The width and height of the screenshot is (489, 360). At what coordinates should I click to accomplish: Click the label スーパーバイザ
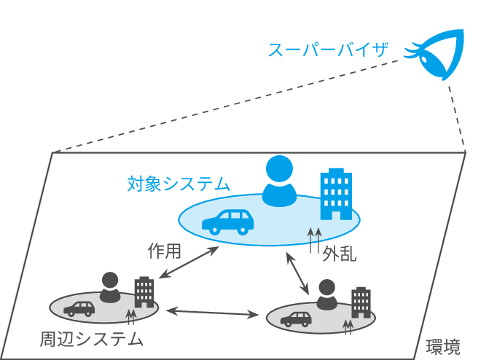click(x=327, y=50)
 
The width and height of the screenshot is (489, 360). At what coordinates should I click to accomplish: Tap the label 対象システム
click(x=179, y=183)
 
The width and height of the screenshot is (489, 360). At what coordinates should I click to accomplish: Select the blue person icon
click(x=280, y=181)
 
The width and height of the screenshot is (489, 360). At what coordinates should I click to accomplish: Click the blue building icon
click(x=336, y=194)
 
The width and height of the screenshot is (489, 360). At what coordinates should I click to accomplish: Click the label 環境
click(x=443, y=347)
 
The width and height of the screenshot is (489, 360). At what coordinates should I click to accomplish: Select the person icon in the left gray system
click(x=109, y=287)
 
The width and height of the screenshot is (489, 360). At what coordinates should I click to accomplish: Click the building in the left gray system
click(x=145, y=292)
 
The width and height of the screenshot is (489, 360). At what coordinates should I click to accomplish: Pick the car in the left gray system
click(x=79, y=308)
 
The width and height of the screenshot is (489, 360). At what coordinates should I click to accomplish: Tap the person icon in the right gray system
click(x=326, y=294)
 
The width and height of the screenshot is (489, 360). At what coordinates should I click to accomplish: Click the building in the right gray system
click(x=361, y=303)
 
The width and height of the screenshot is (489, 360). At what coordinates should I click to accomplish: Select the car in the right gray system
click(x=296, y=318)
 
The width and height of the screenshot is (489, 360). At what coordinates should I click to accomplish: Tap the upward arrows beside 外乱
click(x=315, y=241)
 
